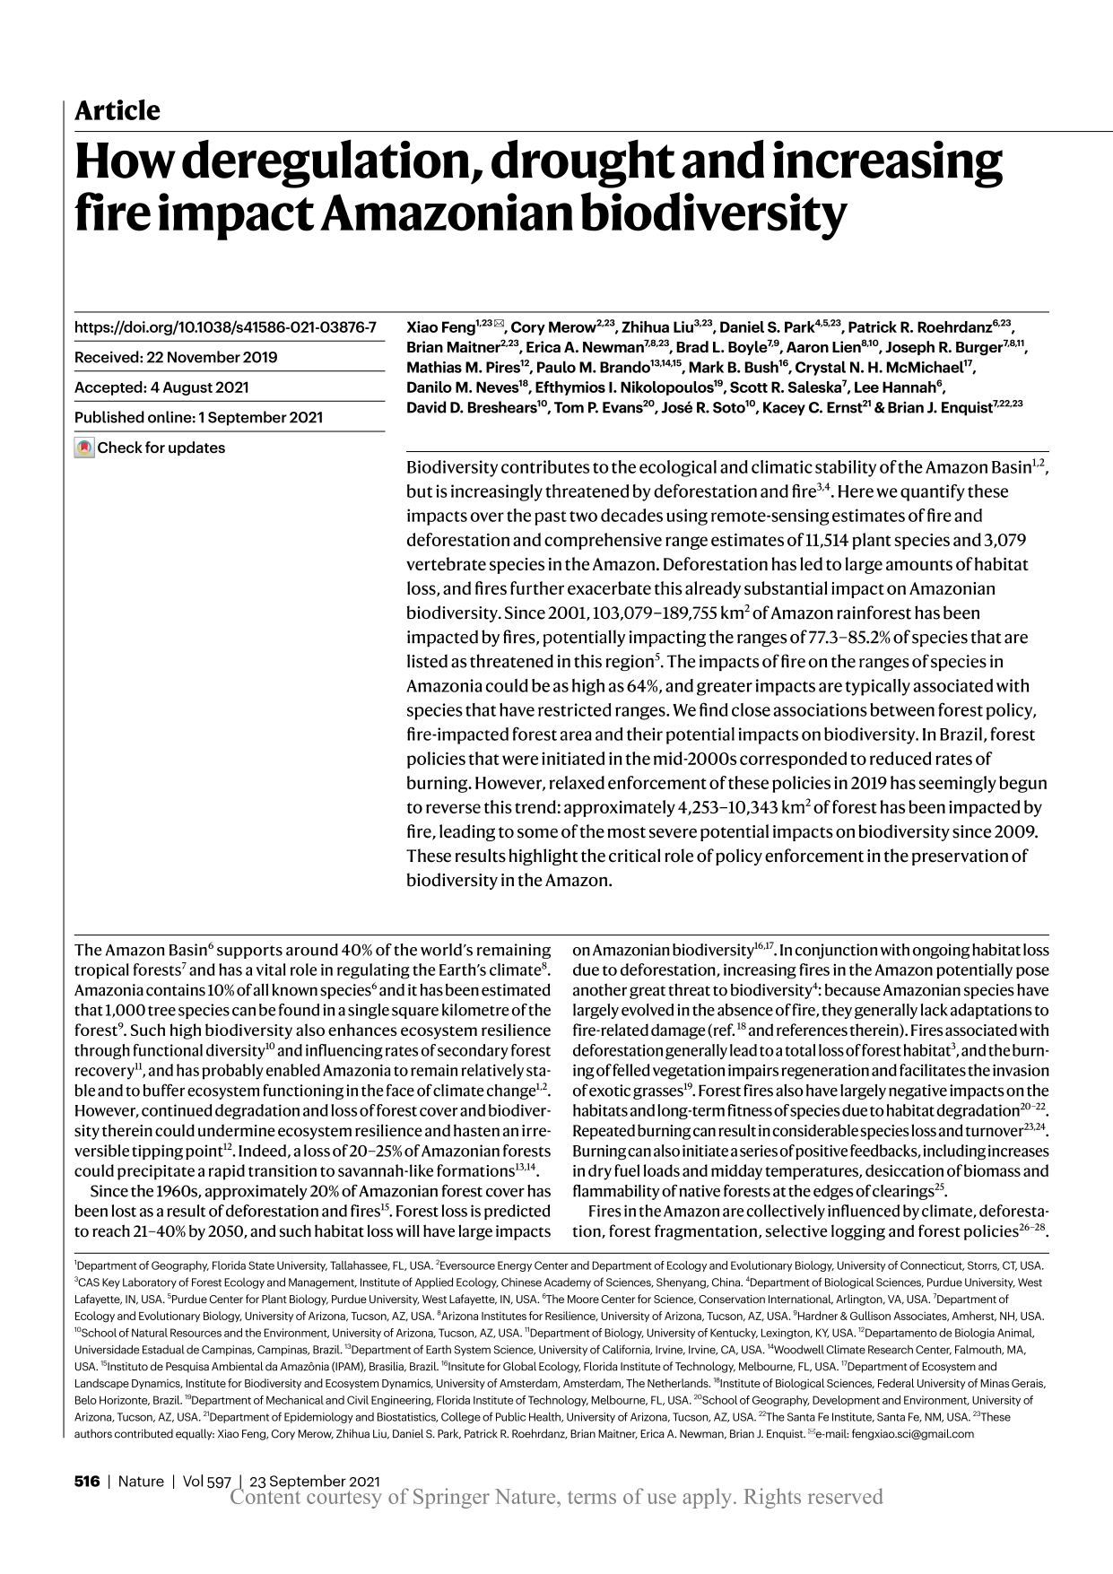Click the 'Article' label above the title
(117, 111)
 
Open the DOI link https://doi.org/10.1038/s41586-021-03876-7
(225, 327)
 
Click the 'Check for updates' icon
(84, 448)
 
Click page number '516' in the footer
(86, 1482)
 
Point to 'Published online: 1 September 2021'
(198, 417)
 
